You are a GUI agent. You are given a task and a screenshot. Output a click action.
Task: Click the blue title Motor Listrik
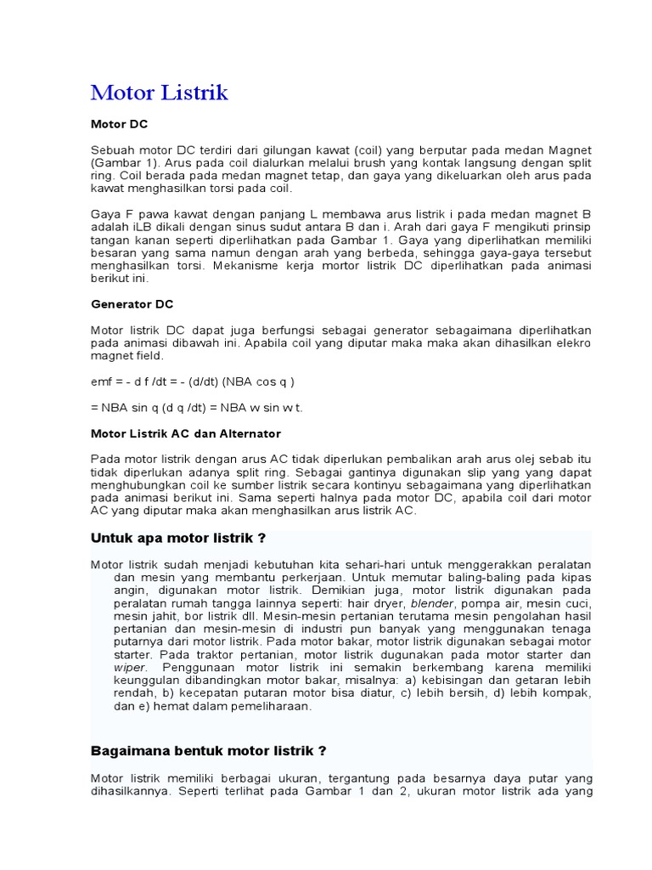159,93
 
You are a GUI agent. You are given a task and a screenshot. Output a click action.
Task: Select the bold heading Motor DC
119,124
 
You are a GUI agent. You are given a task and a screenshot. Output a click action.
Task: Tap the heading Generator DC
132,303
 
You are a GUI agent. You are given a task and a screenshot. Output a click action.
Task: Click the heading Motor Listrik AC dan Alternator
186,433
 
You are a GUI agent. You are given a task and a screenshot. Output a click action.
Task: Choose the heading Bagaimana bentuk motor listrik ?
208,751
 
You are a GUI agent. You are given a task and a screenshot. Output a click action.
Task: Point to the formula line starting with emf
193,381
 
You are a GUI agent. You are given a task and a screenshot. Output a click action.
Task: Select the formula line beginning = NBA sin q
197,407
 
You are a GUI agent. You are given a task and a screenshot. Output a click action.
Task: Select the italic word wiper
130,667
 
